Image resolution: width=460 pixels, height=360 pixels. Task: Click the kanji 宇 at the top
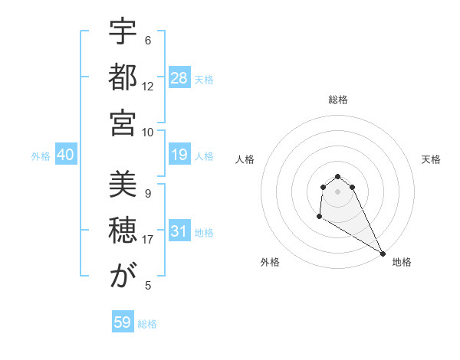[123, 33]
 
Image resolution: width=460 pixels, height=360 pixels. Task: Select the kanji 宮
[123, 123]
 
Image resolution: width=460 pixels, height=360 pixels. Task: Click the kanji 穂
[123, 231]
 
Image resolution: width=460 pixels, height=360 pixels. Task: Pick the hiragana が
[123, 277]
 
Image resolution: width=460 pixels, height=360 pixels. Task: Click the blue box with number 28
[179, 77]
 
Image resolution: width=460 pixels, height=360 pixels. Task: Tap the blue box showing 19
[179, 155]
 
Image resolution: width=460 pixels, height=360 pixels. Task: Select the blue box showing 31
[179, 232]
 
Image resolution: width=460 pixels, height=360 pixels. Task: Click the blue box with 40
[66, 155]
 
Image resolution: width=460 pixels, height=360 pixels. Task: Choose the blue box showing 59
[123, 322]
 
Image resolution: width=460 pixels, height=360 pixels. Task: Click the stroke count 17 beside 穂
[148, 240]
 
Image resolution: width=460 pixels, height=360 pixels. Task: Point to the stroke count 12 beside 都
[148, 86]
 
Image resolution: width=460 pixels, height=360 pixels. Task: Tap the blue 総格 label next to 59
[148, 324]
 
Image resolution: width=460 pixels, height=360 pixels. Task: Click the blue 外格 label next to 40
[41, 156]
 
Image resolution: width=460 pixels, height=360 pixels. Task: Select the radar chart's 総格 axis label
[337, 100]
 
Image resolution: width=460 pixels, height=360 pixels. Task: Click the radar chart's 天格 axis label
[431, 159]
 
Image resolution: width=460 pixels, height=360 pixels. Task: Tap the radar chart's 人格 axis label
[245, 159]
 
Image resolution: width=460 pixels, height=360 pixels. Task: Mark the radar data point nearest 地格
[383, 254]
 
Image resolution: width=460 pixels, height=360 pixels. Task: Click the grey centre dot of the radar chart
[337, 191]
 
